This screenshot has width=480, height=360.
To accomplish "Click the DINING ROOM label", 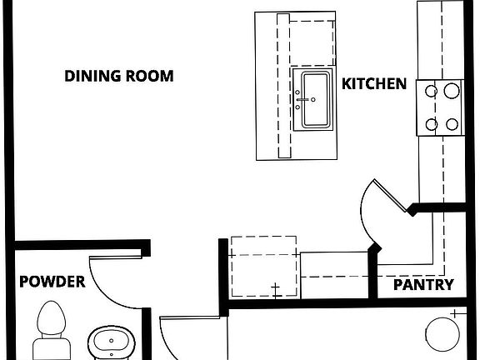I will point(119,77).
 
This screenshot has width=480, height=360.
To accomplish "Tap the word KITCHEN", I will point(374,83).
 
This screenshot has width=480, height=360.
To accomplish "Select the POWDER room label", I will point(52,282).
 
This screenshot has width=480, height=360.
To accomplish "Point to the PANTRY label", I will point(423,285).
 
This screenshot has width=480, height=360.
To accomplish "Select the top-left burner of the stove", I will point(432,89).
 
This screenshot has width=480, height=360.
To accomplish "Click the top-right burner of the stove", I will point(452,89).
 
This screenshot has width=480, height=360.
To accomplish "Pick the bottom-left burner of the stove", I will point(432,124).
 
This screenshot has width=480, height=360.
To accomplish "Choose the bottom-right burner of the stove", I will point(452,124).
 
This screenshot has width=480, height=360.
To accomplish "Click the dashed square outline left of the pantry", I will point(263,267).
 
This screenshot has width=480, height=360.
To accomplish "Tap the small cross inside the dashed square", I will point(275,289).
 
